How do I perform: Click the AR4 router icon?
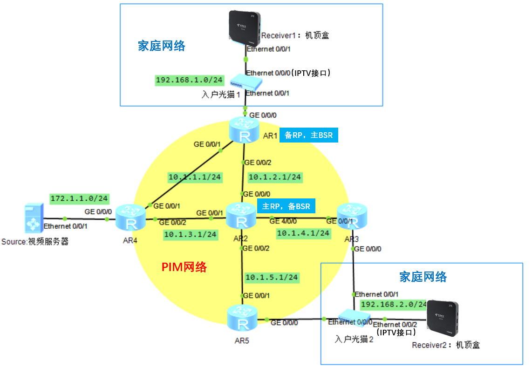pos(131,217)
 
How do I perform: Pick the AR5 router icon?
pos(242,319)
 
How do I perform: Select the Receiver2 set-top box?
pos(443,319)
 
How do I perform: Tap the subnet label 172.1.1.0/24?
pos(79,199)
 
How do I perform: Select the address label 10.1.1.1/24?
pos(195,177)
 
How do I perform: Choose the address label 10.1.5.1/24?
pos(272,277)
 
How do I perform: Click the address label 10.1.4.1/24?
pos(303,232)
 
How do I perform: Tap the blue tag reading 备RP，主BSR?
pos(308,136)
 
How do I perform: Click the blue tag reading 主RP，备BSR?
pos(286,206)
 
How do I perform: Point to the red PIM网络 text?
pos(184,267)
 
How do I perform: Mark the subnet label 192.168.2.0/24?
pos(393,304)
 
